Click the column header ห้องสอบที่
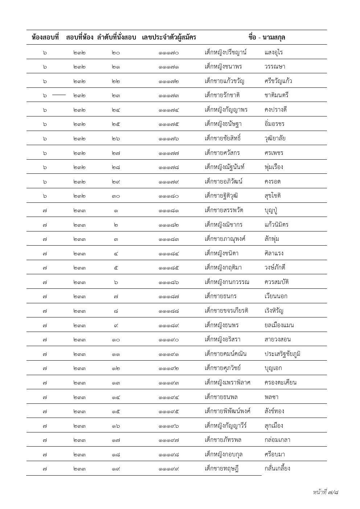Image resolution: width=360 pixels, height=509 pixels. (x=45, y=37)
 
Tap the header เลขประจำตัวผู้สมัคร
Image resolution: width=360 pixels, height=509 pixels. (x=169, y=37)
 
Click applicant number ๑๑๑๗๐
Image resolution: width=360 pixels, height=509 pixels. (x=168, y=53)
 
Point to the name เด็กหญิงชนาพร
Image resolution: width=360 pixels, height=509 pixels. (x=223, y=67)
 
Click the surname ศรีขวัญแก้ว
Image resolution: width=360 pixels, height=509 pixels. (x=278, y=81)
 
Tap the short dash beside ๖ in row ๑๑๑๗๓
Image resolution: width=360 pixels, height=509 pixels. (x=59, y=95)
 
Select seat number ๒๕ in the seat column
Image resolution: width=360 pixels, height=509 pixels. (x=116, y=124)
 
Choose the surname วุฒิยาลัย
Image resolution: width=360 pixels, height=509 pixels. (x=278, y=138)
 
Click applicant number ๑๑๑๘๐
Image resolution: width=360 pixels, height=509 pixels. (x=168, y=196)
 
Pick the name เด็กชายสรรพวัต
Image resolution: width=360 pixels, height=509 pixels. (x=224, y=210)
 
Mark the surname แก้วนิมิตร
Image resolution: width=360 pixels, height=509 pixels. (x=277, y=225)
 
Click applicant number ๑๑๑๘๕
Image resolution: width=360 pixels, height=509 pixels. (x=168, y=268)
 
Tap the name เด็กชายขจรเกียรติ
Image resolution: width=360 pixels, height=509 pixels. (x=226, y=311)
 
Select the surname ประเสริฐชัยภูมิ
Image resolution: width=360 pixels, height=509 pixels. (x=283, y=354)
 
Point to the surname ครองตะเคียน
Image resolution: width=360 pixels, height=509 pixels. (x=281, y=382)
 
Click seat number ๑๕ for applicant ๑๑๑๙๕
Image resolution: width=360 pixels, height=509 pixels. (x=116, y=411)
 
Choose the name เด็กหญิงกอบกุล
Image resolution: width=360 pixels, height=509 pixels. (x=224, y=455)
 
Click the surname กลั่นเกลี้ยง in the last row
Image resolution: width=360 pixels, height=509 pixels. (x=277, y=468)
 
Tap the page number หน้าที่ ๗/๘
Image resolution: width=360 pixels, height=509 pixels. (x=326, y=492)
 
